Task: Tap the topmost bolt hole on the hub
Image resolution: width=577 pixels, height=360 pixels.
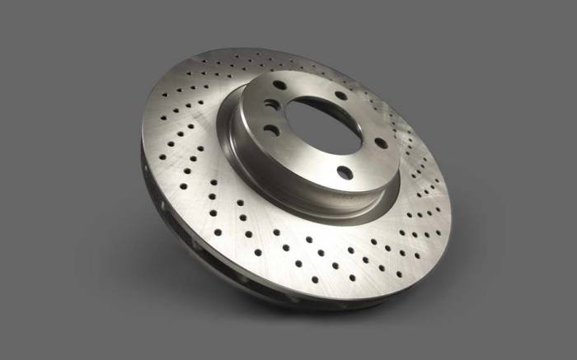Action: pos(282,86)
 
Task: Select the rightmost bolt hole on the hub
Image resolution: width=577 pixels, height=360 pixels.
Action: pos(381,143)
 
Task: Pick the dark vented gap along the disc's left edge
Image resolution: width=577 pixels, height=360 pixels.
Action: pos(157,189)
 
